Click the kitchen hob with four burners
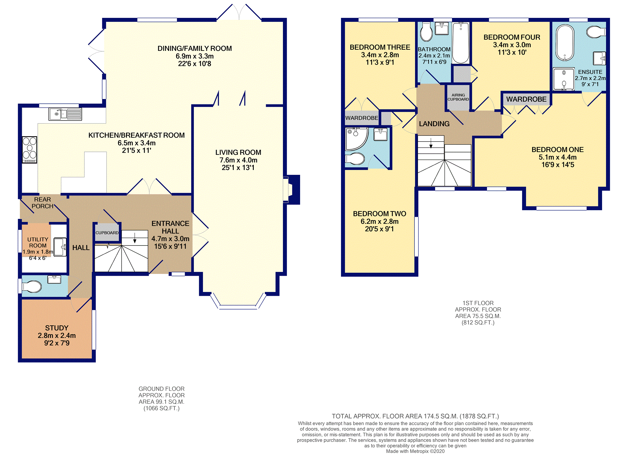point(29,150)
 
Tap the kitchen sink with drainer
point(65,114)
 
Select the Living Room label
point(238,152)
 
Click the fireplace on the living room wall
point(292,190)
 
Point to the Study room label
point(57,328)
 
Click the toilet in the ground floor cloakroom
point(32,286)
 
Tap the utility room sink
point(60,247)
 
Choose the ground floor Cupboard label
point(107,233)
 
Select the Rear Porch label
point(43,203)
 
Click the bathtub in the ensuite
point(565,43)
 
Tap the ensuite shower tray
point(564,79)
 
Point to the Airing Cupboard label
point(458,97)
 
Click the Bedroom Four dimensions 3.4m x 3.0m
point(512,45)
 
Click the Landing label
point(434,124)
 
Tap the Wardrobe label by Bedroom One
point(526,99)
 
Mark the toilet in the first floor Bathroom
point(426,32)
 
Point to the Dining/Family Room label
point(195,48)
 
